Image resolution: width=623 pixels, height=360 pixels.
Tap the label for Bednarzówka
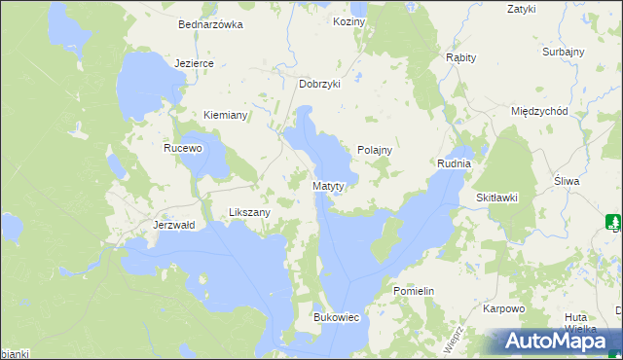pos(209,25)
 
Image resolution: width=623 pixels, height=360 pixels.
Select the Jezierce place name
pos(194,62)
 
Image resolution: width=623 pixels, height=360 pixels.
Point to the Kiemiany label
pos(226,115)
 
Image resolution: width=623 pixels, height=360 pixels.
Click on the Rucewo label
pos(182,149)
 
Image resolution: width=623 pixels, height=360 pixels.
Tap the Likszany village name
pos(248,211)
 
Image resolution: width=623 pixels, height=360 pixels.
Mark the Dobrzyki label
pos(319,84)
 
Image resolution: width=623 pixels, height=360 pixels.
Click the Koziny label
pos(348,20)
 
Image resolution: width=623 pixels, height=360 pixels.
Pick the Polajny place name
pos(374,150)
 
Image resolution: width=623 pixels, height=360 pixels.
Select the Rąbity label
pos(460,57)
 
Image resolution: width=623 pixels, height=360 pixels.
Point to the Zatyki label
pos(522,9)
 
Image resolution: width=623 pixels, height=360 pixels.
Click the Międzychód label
pos(539,111)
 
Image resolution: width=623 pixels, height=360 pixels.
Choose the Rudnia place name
pos(454,163)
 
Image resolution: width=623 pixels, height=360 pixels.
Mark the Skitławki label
pos(496,198)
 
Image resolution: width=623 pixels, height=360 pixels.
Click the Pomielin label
pos(413,291)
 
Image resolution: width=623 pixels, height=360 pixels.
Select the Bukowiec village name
pos(336,317)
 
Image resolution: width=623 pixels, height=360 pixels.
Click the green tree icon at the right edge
pos(612,221)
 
